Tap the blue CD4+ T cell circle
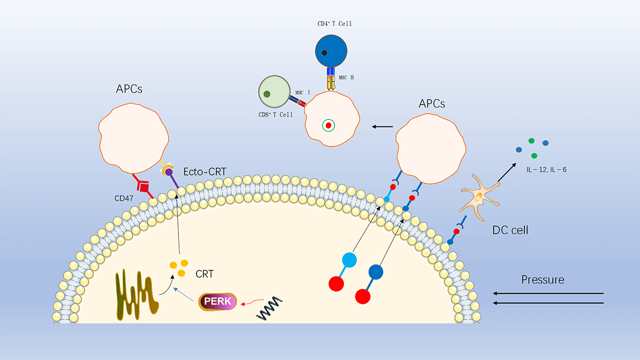point(331,51)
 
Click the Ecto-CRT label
point(205,171)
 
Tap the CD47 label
point(124,198)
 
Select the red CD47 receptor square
point(144,187)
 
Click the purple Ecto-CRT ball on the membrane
point(169,172)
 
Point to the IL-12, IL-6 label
point(546,170)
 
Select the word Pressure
point(542,279)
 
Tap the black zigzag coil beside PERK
point(269,307)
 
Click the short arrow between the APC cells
point(382,126)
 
